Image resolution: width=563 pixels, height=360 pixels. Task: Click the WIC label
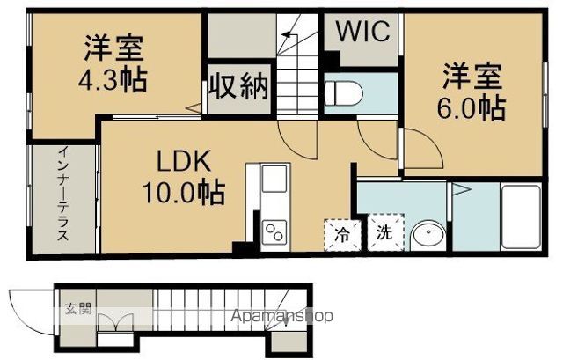[363, 31]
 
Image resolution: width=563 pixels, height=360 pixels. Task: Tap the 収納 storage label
[238, 86]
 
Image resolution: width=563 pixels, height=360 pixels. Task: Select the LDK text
[184, 161]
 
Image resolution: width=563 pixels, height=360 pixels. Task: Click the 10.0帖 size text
[184, 192]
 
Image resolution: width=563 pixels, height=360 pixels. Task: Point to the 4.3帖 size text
[113, 79]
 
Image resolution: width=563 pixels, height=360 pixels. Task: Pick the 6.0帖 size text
[472, 107]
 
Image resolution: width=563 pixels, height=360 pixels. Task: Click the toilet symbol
[343, 93]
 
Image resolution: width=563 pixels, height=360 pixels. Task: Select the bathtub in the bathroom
[521, 217]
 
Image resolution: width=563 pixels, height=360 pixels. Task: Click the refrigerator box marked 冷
[342, 235]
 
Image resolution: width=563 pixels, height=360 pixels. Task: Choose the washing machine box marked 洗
[385, 232]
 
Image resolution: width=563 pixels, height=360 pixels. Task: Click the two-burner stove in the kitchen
[274, 232]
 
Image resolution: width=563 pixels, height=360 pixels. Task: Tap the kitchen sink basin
[274, 178]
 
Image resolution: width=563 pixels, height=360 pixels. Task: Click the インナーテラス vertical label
[63, 194]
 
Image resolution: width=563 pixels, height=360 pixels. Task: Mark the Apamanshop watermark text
[281, 316]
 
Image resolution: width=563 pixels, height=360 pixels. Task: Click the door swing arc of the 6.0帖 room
[431, 143]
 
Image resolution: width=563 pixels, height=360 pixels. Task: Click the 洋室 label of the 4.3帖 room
[114, 48]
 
